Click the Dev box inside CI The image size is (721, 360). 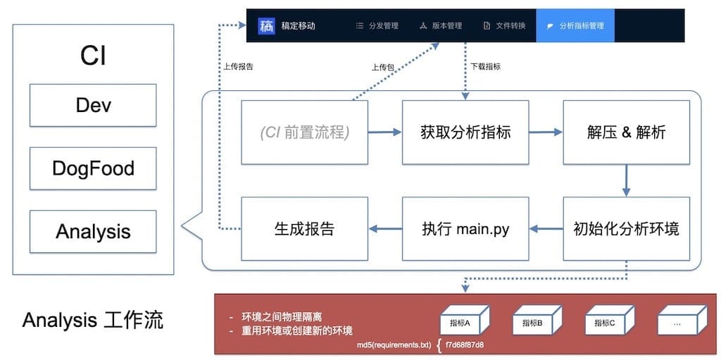point(93,106)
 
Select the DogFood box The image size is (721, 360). point(93,168)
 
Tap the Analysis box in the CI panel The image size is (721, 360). point(93,231)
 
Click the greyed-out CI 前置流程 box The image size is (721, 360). point(304,132)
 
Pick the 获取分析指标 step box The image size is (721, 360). point(465,132)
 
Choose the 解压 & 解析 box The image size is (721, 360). point(626,132)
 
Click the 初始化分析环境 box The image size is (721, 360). point(626,229)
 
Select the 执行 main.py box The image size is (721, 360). point(465,229)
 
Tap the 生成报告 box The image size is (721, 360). point(304,229)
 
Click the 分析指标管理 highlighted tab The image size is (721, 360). point(575,26)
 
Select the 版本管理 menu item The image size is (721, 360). point(441,26)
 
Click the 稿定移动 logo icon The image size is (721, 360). point(267,26)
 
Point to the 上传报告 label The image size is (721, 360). point(238,68)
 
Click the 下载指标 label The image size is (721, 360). point(485,67)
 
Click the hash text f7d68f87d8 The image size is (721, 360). point(465,346)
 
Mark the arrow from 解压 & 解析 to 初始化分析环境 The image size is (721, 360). point(626,180)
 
